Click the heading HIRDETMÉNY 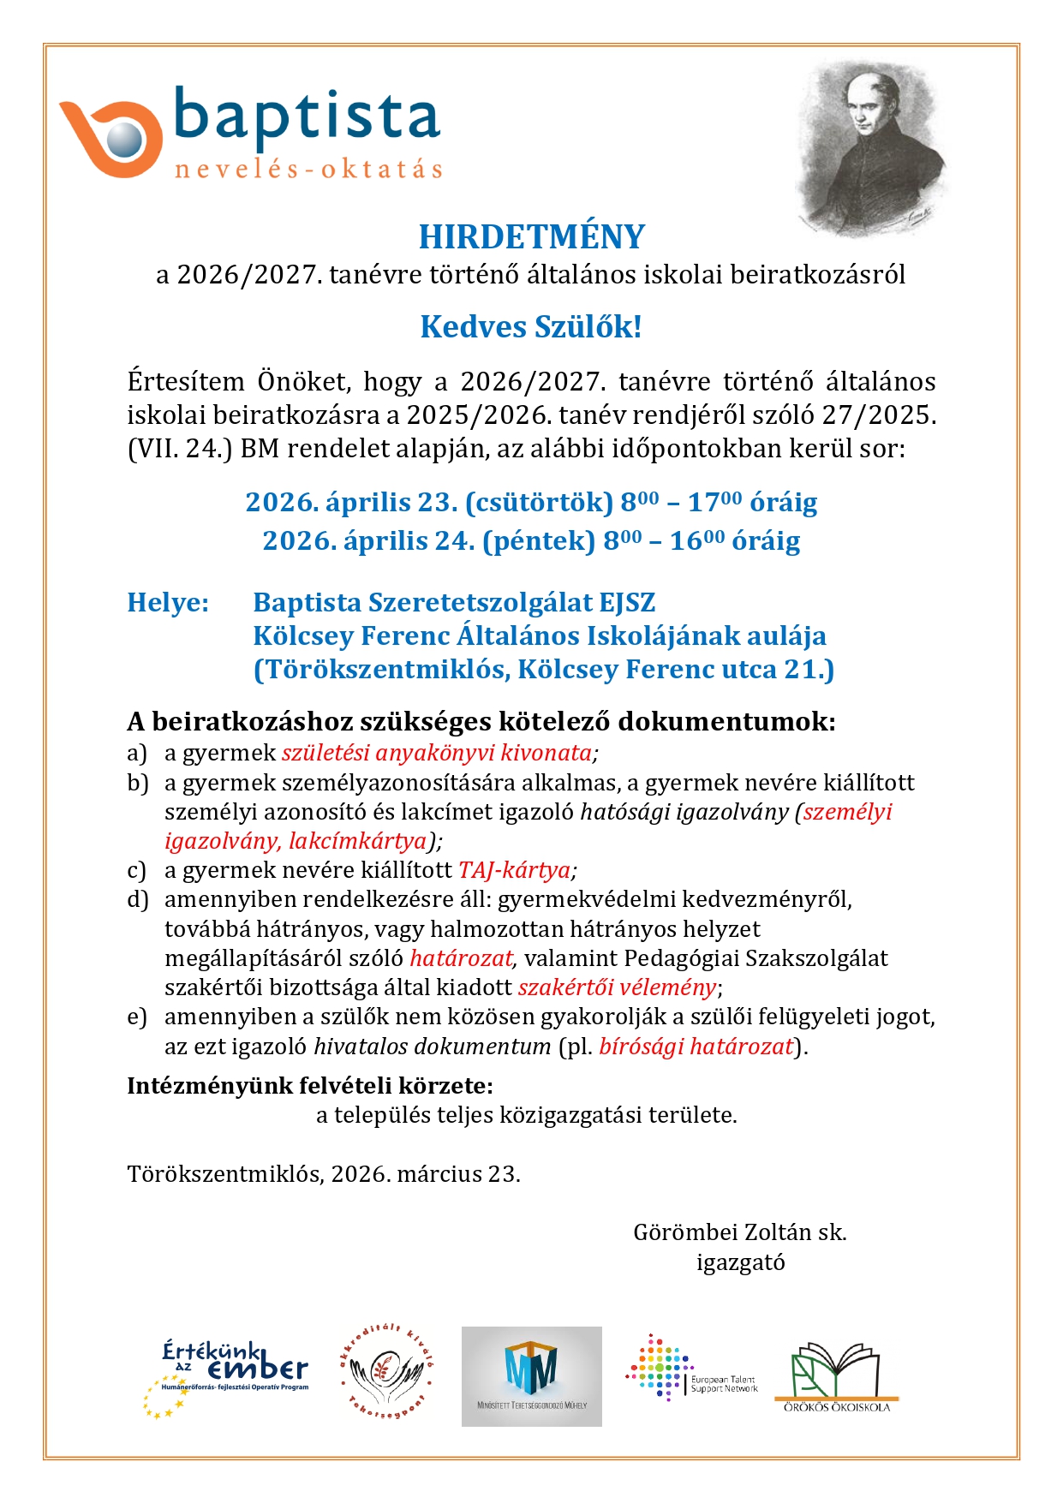pos(531,237)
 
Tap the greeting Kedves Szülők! pos(531,327)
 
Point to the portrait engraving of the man pos(867,146)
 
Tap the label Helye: pos(168,603)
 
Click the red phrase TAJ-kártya pos(515,871)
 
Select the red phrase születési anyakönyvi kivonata pos(437,753)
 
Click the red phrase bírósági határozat pos(696,1047)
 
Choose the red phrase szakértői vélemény pos(617,987)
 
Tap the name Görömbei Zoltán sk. pos(739,1232)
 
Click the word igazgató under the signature pos(740,1262)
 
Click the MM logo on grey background pos(531,1376)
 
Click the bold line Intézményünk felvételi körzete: pos(310,1086)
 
